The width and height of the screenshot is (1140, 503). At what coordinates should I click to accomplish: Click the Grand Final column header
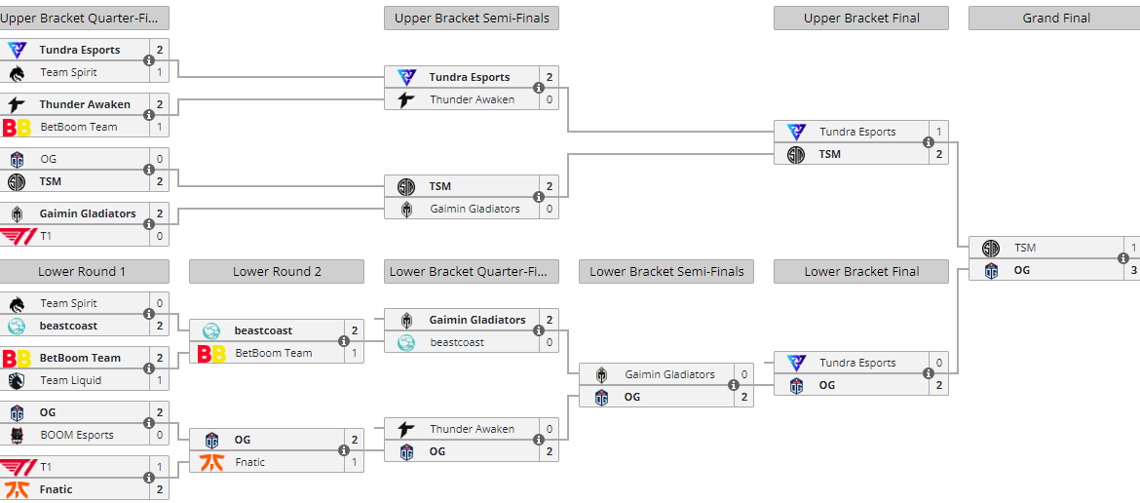coord(1055,19)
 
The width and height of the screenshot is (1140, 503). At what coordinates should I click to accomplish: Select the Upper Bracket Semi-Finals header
coord(472,19)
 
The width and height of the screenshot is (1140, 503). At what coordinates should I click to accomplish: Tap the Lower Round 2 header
coord(277,272)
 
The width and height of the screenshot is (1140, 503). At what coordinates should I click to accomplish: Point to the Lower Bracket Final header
coord(861,272)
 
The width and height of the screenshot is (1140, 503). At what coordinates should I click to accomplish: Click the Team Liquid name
coord(70,380)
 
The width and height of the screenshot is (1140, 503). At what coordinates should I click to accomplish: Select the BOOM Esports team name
coord(77,435)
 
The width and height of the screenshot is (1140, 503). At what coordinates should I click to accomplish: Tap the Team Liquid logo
coord(17,380)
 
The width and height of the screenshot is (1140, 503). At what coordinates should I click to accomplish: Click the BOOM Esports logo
coord(17,435)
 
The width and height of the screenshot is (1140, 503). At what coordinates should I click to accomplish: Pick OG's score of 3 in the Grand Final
coord(1133,270)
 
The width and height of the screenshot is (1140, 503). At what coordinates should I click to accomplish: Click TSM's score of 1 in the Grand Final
coord(1133,248)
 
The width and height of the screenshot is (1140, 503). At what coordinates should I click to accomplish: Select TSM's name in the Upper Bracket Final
coord(829,154)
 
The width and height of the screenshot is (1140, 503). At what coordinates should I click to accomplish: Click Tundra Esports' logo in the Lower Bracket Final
coord(796,363)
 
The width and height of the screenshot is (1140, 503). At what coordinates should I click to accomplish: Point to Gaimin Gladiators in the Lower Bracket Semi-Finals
coord(669,374)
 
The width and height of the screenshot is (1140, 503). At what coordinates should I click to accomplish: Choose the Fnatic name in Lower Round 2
coord(250,462)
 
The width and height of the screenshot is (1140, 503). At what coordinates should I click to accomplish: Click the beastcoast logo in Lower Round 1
coord(17,326)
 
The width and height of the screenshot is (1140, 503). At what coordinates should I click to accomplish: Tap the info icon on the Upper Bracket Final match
coord(929,143)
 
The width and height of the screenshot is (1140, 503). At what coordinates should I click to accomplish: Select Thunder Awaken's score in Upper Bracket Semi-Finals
coord(550,99)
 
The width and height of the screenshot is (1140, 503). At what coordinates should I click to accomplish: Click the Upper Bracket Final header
coord(861,19)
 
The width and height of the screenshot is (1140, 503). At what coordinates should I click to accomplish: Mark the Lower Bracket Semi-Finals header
coord(666,272)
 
